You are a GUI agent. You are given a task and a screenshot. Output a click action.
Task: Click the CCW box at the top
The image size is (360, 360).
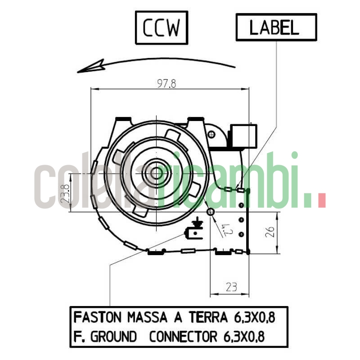click(162, 27)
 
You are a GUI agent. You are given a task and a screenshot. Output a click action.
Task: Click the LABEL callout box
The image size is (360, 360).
click(276, 27)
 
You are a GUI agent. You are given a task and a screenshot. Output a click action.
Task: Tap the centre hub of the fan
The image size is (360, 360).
click(156, 173)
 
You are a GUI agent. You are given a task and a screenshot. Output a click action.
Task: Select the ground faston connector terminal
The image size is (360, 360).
click(190, 234)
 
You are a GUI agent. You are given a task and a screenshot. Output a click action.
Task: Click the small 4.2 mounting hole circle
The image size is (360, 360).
click(210, 211)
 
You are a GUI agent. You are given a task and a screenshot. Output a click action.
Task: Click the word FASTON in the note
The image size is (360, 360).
click(98, 318)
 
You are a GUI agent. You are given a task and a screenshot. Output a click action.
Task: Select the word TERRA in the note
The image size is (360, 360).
click(208, 318)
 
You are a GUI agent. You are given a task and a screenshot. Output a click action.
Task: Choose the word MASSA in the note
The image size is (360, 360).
click(147, 318)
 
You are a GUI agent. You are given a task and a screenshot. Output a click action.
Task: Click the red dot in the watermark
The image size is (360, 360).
click(321, 201)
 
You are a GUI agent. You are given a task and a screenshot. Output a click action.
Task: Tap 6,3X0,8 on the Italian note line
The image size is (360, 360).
click(254, 318)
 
